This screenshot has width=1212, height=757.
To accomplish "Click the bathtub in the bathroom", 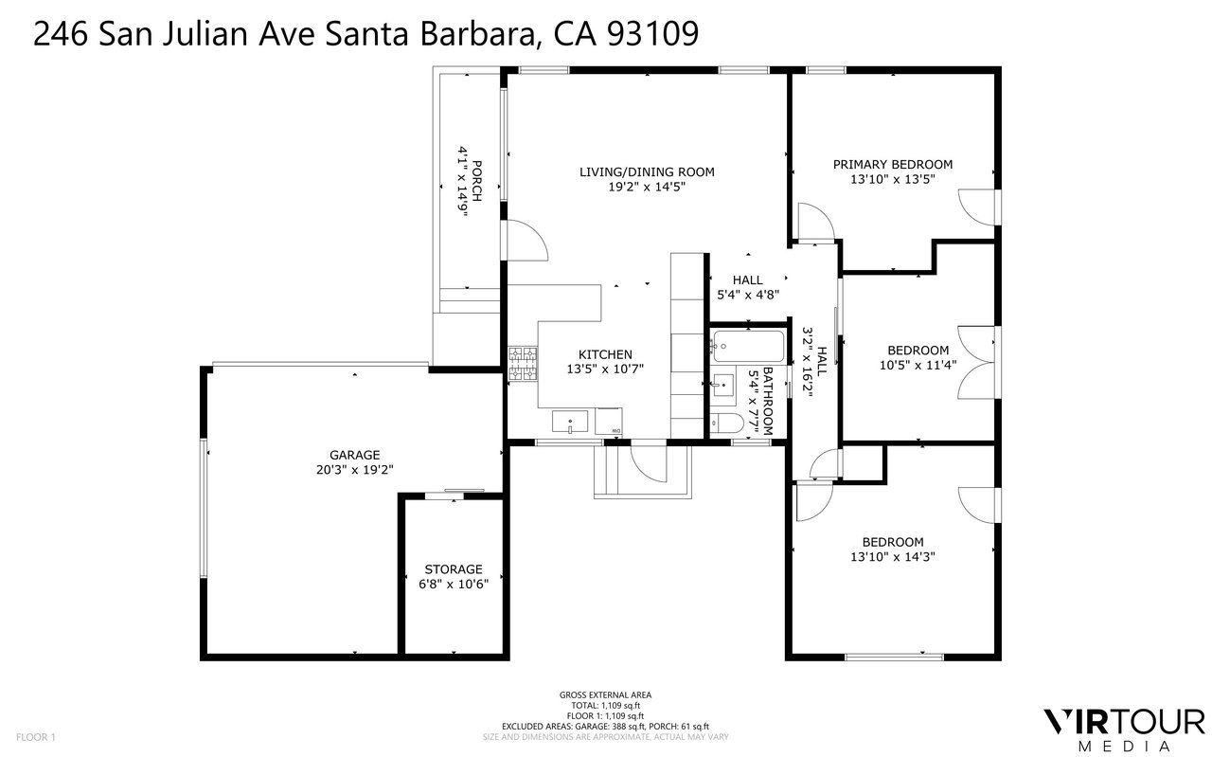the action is pos(748,347).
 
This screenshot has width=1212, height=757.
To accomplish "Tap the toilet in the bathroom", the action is pos(726,423).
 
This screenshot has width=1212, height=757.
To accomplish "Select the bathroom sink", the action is pos(722,385).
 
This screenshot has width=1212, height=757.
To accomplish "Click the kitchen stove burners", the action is pos(523,365).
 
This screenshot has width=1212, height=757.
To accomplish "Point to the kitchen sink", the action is pos(570,422).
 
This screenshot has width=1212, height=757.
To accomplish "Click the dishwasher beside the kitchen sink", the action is pos(608,422).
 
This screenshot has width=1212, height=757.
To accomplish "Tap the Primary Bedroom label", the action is pos(893,165).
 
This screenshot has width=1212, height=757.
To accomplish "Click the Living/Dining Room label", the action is pos(647,172).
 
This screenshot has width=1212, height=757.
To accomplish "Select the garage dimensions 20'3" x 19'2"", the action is pos(354,470).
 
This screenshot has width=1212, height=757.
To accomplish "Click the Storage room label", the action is pos(454,569).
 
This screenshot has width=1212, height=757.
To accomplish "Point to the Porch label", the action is pos(476,181).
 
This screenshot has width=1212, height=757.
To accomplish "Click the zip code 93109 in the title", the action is pos(653,33).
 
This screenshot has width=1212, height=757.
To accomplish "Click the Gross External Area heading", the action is pos(605,694).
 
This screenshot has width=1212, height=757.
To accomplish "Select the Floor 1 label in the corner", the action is pos(36,737).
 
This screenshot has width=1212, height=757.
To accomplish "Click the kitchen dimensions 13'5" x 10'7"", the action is pos(605,369).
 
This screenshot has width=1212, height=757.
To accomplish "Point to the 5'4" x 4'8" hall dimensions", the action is pos(748,295).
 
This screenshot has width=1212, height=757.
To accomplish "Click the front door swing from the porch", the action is pos(527,241).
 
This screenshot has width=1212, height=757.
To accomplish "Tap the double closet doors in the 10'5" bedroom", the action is pos(976,362).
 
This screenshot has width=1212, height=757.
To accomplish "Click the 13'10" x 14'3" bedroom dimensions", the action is pos(893,557).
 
